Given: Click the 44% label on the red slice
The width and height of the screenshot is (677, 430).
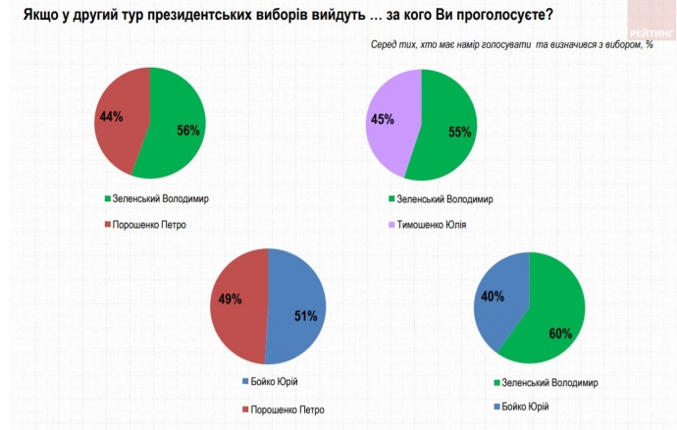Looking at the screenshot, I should [111, 117].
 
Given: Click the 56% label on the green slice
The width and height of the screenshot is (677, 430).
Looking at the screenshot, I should [188, 131].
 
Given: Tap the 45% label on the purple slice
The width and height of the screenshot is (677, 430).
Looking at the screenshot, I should [383, 120].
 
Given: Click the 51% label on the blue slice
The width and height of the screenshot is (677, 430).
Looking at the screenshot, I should [306, 316].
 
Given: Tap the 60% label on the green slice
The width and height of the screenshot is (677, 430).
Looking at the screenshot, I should [560, 333].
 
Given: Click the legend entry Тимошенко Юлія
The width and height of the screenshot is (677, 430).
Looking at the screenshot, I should [428, 224].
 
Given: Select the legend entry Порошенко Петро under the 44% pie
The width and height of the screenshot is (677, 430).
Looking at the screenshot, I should [147, 224].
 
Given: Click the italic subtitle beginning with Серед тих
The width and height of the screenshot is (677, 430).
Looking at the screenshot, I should [512, 46].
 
